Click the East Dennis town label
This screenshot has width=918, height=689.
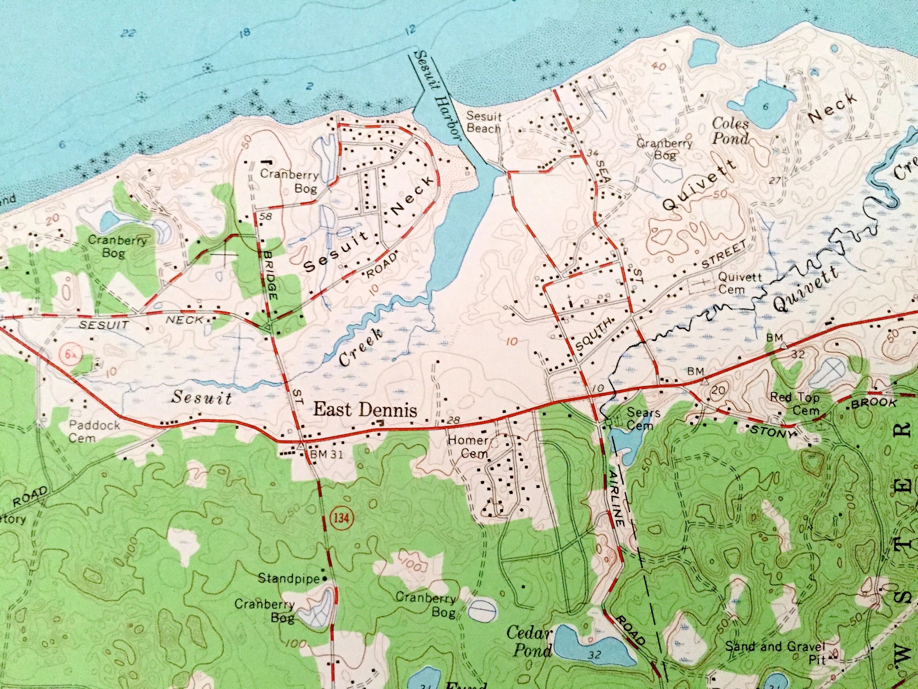coord(365,410)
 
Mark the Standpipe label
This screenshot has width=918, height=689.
coord(289,578)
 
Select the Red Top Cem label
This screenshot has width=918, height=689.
coord(795,404)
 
